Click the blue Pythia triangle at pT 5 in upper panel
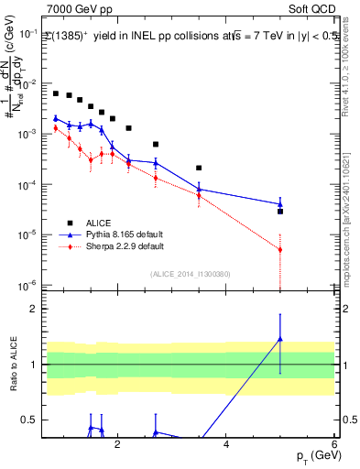tap(280, 203)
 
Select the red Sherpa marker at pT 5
tap(280, 249)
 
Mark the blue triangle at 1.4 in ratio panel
tap(280, 339)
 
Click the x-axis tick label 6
tap(334, 445)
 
